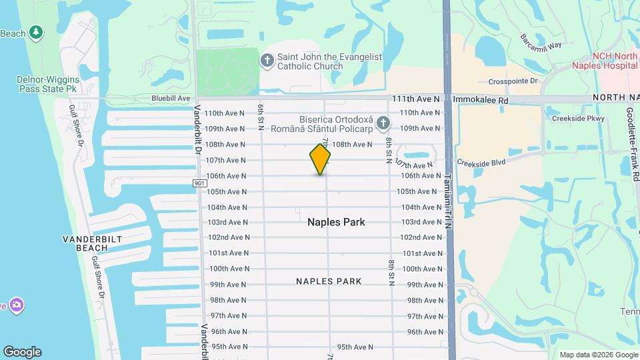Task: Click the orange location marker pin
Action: click(x=320, y=159)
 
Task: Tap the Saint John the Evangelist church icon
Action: click(x=267, y=61)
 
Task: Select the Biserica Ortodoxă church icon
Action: click(x=383, y=123)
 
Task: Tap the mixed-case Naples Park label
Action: click(x=336, y=222)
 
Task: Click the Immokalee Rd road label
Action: click(x=481, y=99)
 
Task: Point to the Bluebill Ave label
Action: click(x=171, y=98)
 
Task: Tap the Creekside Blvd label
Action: click(x=481, y=161)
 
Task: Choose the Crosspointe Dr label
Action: click(x=513, y=81)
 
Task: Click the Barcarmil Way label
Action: click(x=542, y=41)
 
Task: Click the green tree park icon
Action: click(x=36, y=32)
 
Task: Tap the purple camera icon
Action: click(x=16, y=305)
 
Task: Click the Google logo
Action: click(x=22, y=352)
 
